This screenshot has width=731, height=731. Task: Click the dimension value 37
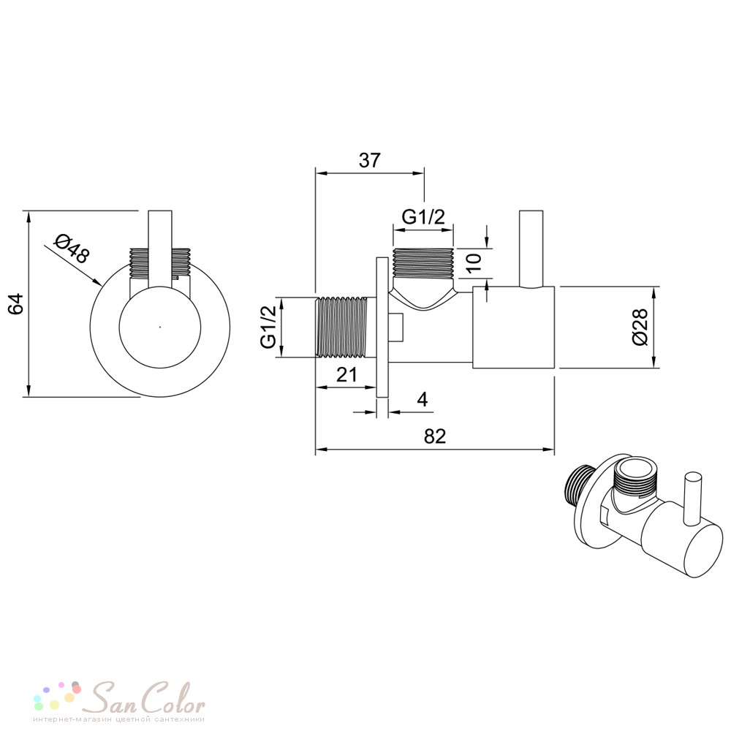coord(370,160)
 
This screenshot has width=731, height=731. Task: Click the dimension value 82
coord(435,436)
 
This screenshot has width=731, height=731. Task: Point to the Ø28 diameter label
coord(640,327)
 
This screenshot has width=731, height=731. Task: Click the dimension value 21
coord(346,374)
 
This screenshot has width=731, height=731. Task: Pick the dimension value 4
coord(423,400)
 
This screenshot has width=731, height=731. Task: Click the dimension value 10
coord(473,263)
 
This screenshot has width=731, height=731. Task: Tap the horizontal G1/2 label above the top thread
coord(423,217)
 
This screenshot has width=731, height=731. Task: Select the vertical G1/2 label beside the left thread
coord(269,327)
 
